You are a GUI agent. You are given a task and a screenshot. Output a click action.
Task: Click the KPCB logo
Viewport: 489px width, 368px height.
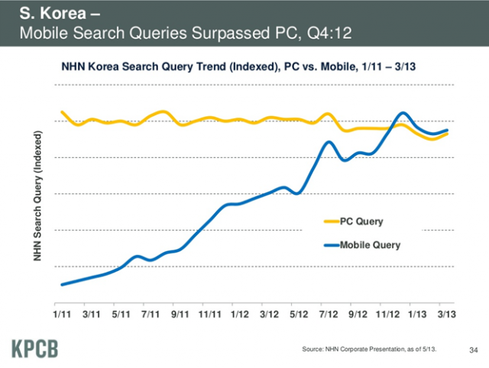tap(35, 348)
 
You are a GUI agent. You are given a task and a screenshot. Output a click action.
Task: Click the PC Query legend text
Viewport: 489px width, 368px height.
tap(361, 221)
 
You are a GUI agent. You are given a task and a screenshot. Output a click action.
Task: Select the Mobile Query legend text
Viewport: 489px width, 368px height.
tap(370, 245)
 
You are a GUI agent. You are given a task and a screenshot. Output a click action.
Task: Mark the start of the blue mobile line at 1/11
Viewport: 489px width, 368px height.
tap(62, 284)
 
